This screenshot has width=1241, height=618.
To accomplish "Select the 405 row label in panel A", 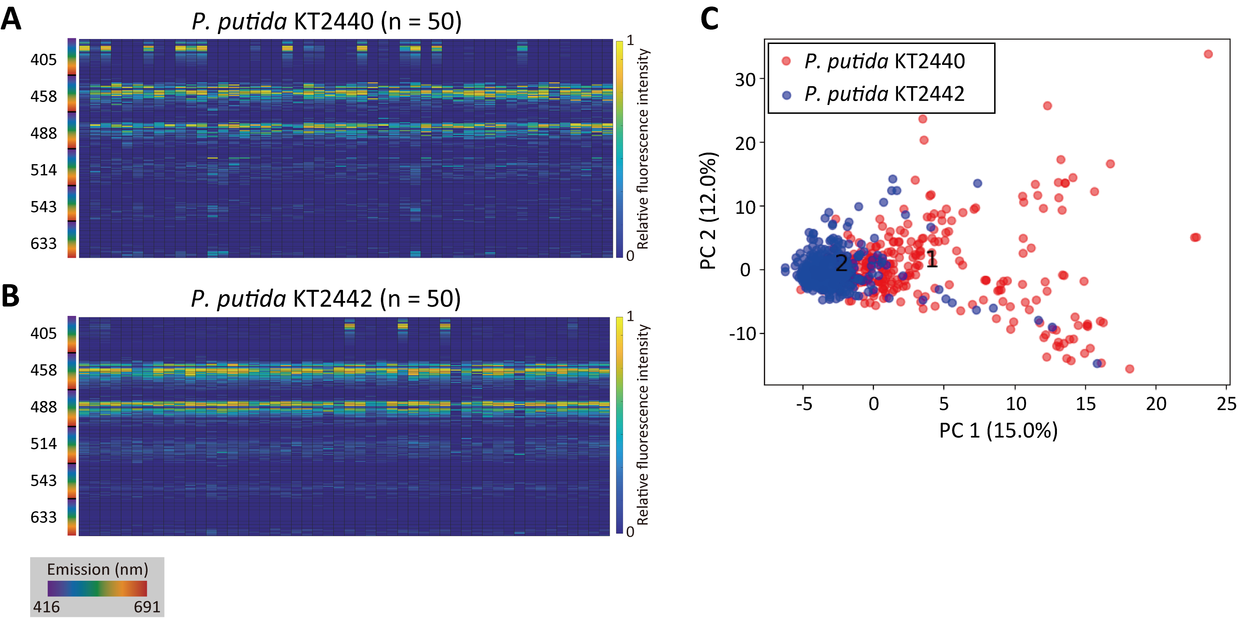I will point(43,60).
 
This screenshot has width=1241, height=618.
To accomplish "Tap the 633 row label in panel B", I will point(43,517).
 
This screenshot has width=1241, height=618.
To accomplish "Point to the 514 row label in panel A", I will point(43,170).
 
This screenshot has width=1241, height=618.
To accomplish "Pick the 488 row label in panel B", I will point(43,407).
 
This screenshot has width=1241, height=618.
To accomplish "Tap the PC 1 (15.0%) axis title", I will point(998,430).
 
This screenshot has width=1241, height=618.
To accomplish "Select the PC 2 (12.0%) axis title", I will point(709,211).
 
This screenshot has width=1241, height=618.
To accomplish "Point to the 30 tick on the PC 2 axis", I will point(745,79).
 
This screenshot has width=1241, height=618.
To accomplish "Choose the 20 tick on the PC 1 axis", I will point(1156,403).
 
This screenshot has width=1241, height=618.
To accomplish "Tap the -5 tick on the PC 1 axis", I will point(804,403).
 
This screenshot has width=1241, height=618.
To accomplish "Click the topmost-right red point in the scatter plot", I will point(1208,54).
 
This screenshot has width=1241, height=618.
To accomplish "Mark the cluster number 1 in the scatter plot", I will point(932,259).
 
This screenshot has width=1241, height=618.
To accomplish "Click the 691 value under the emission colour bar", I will point(146,606).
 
